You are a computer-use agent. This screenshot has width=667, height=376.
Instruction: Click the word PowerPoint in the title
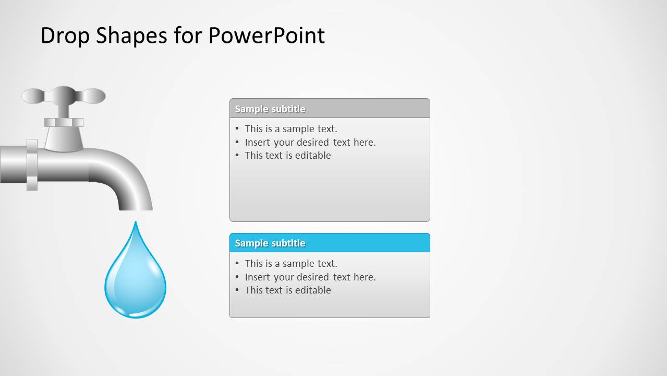(266, 36)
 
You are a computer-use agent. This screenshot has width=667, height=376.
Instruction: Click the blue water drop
(135, 282)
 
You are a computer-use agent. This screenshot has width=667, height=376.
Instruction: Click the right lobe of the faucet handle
(94, 96)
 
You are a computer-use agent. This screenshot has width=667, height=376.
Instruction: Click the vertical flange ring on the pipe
(32, 164)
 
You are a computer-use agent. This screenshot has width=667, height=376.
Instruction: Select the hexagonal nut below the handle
(64, 122)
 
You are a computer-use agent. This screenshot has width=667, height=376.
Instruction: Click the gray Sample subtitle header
(330, 109)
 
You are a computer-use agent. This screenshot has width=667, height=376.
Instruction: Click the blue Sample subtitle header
(330, 243)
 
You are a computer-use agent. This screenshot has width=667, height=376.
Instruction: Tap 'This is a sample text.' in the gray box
(291, 128)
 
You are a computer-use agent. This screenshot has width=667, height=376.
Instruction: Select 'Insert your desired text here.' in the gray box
(310, 142)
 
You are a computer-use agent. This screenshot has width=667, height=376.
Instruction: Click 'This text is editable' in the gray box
(288, 155)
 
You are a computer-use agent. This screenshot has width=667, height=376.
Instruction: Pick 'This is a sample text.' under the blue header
(291, 263)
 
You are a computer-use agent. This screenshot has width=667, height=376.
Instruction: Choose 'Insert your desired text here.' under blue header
(310, 277)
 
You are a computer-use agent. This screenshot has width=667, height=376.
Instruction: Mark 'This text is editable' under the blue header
(288, 290)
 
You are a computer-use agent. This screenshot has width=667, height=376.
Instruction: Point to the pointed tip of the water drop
(136, 224)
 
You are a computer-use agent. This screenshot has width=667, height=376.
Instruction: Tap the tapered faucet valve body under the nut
(64, 138)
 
